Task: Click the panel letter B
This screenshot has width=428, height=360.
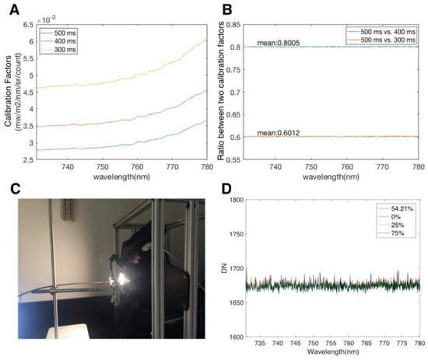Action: pos(223,9)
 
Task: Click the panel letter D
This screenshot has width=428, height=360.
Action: pos(223,190)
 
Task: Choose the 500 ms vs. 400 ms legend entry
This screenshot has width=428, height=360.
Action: pos(385,30)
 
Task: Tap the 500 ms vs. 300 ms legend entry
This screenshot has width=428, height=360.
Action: pos(385,38)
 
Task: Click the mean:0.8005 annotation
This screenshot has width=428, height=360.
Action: pos(279,41)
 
